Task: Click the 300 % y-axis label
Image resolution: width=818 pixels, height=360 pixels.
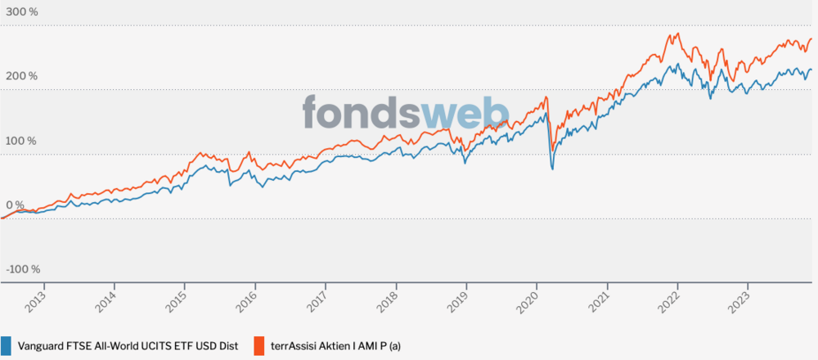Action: pos(22,12)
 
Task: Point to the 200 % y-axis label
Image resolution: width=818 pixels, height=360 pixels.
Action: pos(22,76)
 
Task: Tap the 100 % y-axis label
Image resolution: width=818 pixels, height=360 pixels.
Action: pos(22,141)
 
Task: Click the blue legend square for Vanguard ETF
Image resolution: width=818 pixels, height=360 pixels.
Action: pos(7,345)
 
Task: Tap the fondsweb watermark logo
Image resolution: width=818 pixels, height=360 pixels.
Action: pos(406,113)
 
